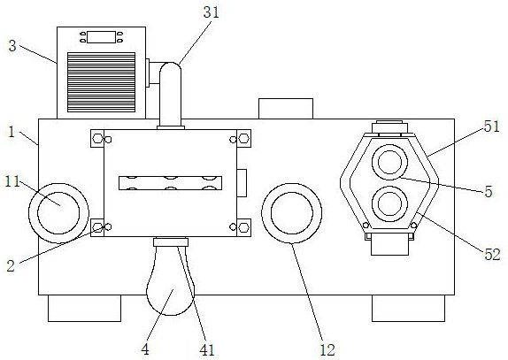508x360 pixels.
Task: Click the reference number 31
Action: point(212,12)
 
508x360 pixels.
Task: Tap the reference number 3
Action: point(12,46)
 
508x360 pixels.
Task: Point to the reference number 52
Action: point(492,255)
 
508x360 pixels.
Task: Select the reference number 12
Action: point(327,350)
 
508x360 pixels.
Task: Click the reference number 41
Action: point(207,350)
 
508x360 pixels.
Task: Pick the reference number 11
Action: point(12,182)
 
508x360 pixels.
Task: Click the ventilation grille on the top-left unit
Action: point(102,82)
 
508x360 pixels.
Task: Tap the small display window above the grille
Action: point(101,37)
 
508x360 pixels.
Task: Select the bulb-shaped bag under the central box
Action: point(171,280)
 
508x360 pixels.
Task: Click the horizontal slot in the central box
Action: point(171,183)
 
